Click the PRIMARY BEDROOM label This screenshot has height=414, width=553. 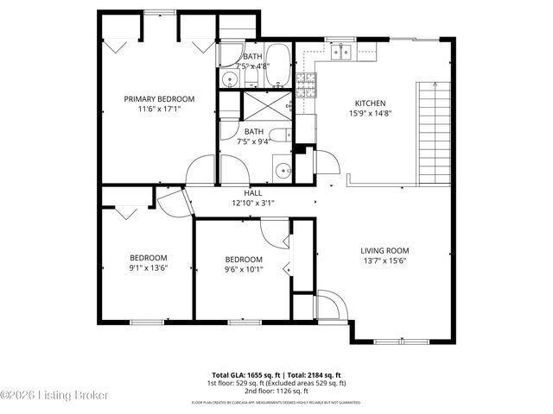(158, 99)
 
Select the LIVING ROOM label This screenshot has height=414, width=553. (385, 251)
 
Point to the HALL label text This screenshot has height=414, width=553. (253, 193)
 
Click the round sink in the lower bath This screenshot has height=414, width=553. (283, 170)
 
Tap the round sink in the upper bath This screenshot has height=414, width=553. (228, 80)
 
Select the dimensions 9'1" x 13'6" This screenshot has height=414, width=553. (148, 268)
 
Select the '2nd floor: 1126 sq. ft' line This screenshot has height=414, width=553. (276, 390)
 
